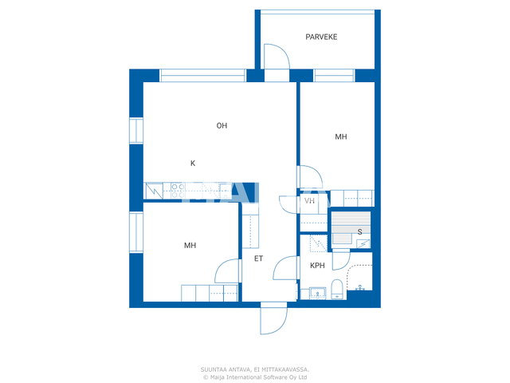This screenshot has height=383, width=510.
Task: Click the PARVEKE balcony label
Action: (x=321, y=37)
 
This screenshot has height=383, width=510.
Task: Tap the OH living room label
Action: (x=222, y=125)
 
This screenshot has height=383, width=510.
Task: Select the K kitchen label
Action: (x=193, y=163)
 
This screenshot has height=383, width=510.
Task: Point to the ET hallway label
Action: (x=258, y=259)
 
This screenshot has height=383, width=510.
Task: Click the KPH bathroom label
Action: (x=317, y=266)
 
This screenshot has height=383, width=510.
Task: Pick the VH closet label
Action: (x=309, y=200)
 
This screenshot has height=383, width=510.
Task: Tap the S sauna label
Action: (x=359, y=232)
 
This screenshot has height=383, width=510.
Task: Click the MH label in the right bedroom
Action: (x=341, y=136)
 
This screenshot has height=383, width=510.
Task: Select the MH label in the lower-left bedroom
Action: (x=190, y=245)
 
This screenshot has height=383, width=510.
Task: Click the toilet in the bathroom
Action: (x=336, y=289)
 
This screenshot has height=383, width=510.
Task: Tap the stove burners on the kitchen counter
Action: (x=178, y=191)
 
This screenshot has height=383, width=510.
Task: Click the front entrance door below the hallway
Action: (x=273, y=318)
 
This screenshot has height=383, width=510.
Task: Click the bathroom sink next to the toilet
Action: (x=317, y=293)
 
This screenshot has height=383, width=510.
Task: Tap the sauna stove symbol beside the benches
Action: (x=363, y=243)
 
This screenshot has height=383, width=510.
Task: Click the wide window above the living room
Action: (x=202, y=75)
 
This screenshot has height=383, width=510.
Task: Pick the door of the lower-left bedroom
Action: (x=227, y=271)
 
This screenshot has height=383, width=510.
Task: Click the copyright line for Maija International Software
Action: (x=255, y=377)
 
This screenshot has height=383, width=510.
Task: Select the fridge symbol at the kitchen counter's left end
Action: (x=154, y=191)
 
